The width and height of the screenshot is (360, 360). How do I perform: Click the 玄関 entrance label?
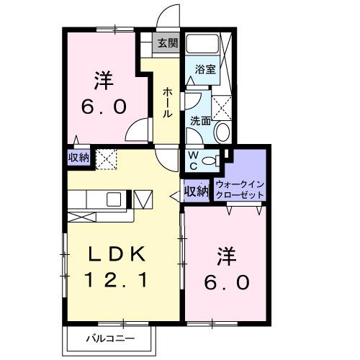point(167,43)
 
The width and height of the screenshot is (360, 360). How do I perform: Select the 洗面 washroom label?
point(199,122)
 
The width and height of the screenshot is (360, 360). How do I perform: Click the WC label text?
point(194,160)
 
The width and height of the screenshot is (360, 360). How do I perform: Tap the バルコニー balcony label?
point(111,338)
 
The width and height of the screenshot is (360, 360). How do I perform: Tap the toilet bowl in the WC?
point(210,161)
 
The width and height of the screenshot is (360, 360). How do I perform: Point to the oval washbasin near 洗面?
point(223,132)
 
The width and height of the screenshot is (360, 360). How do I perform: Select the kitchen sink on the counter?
point(115,199)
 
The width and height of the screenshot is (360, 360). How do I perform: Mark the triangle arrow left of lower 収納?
point(174,194)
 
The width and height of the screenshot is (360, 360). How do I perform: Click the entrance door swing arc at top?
point(167,16)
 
